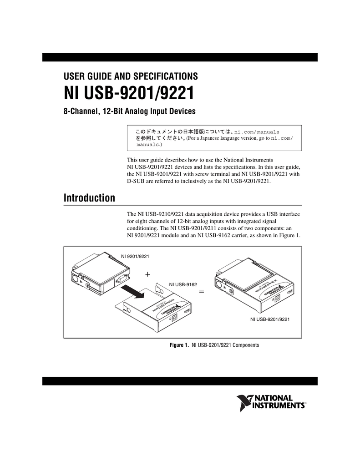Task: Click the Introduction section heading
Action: [89, 198]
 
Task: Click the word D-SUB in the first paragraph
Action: [135, 181]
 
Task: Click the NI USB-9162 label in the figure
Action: [183, 284]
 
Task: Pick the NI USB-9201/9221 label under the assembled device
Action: [270, 320]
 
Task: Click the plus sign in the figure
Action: [147, 275]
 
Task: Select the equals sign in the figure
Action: [202, 293]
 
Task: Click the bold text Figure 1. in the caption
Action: [179, 345]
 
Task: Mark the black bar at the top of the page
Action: [180, 57]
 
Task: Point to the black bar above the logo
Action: [180, 381]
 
